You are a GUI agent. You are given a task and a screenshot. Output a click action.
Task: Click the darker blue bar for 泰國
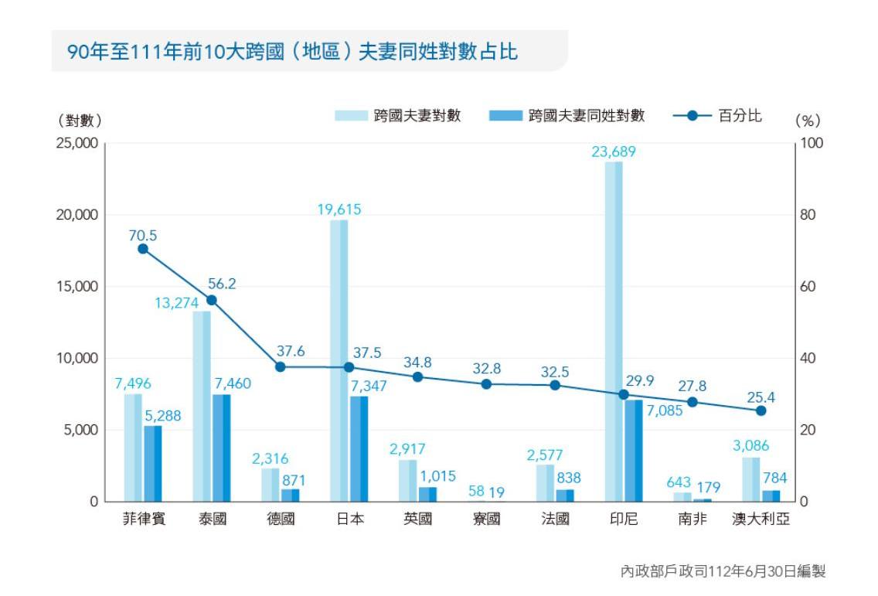(x=221, y=448)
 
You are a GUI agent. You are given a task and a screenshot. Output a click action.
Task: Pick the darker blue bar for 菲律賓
(x=152, y=463)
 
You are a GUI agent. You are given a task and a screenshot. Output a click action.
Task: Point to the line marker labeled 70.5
(x=143, y=249)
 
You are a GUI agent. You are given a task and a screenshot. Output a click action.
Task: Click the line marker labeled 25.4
(x=761, y=410)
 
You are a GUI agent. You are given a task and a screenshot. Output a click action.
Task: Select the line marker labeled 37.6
(x=281, y=367)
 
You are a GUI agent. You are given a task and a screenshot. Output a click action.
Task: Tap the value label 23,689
(x=614, y=152)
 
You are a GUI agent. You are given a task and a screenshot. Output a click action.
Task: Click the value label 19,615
(x=339, y=209)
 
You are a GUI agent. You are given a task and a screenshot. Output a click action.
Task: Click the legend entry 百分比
(x=739, y=116)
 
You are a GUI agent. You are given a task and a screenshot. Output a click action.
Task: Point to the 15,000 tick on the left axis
(x=77, y=287)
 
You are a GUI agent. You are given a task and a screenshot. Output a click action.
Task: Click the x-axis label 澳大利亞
(x=761, y=519)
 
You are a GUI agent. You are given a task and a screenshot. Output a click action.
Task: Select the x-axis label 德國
(x=281, y=519)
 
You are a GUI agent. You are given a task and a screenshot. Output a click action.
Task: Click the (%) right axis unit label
(x=808, y=121)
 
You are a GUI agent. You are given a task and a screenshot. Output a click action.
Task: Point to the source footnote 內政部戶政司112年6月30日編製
(x=723, y=572)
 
